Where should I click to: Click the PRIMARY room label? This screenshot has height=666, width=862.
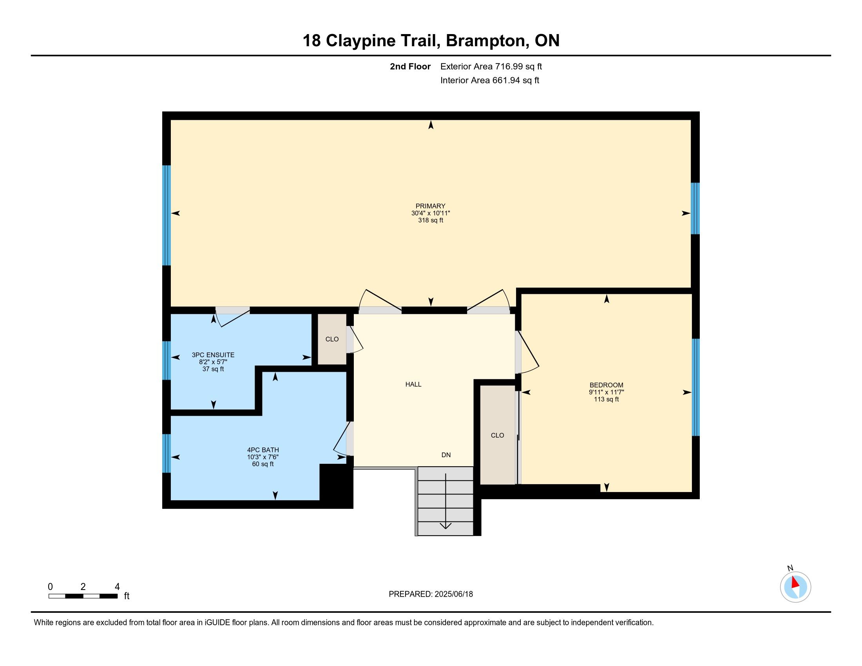430,206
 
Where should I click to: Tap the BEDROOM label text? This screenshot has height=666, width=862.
606,385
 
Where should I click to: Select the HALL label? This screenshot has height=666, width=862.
413,384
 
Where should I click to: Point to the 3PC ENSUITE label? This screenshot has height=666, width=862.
213,355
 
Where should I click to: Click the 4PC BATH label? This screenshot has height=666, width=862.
263,450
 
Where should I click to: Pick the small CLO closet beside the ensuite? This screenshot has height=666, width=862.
332,339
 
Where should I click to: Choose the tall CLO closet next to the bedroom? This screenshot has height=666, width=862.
497,435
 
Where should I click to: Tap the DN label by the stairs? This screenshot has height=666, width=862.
446,455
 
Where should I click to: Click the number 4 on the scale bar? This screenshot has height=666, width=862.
117,587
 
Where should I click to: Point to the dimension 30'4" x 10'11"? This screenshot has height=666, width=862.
431,213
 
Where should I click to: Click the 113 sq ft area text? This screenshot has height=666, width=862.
606,399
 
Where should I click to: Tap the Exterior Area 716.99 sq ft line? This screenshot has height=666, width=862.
491,66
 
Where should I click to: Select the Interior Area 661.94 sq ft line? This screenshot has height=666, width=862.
489,80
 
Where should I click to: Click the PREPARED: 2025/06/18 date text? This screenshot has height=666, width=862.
431,594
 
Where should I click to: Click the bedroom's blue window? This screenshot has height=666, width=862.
695,387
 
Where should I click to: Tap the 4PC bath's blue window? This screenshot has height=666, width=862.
167,453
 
